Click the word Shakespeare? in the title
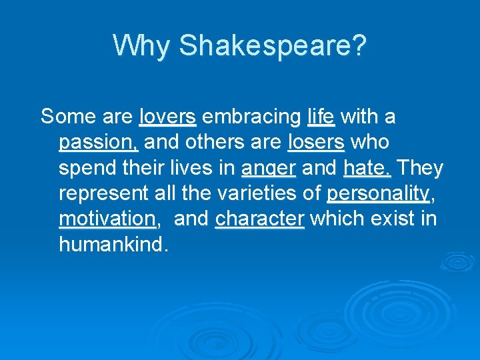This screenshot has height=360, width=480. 273,46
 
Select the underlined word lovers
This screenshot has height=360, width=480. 167,117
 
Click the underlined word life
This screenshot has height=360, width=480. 321,117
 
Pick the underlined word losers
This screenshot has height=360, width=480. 316,143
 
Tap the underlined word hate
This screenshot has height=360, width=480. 367,169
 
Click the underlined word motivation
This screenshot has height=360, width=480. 107,219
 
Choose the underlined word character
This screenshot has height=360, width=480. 260,219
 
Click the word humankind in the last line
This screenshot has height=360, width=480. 111,245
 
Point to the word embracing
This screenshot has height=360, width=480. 251,117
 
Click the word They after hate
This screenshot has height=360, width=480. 419,169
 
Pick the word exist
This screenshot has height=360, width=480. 395,219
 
